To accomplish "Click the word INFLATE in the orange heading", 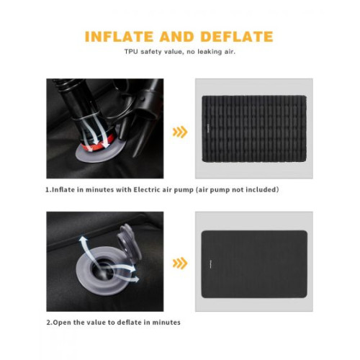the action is (119, 37).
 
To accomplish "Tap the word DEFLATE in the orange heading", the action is (237, 37).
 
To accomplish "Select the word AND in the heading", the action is (177, 37).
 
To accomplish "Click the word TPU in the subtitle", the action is (131, 52).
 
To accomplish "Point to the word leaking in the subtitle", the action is (210, 52).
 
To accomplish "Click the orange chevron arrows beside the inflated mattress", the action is (180, 132).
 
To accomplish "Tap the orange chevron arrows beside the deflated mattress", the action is (180, 263).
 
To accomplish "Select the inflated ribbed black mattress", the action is (254, 129).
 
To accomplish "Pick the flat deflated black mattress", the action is (254, 264).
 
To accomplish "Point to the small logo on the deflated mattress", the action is (210, 264).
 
